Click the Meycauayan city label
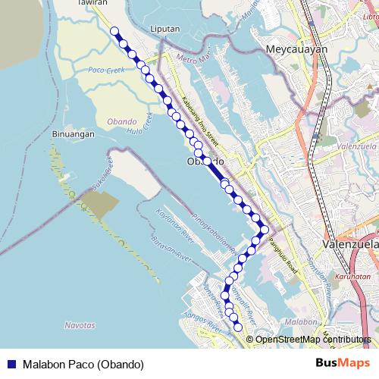click(296, 49)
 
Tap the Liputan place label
click(164, 29)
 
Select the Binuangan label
click(73, 134)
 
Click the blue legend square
click(11, 363)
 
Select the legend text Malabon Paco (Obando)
click(83, 363)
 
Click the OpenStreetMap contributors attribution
click(312, 340)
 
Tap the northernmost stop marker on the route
click(115, 31)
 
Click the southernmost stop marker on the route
click(238, 327)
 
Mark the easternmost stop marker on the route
click(265, 230)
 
